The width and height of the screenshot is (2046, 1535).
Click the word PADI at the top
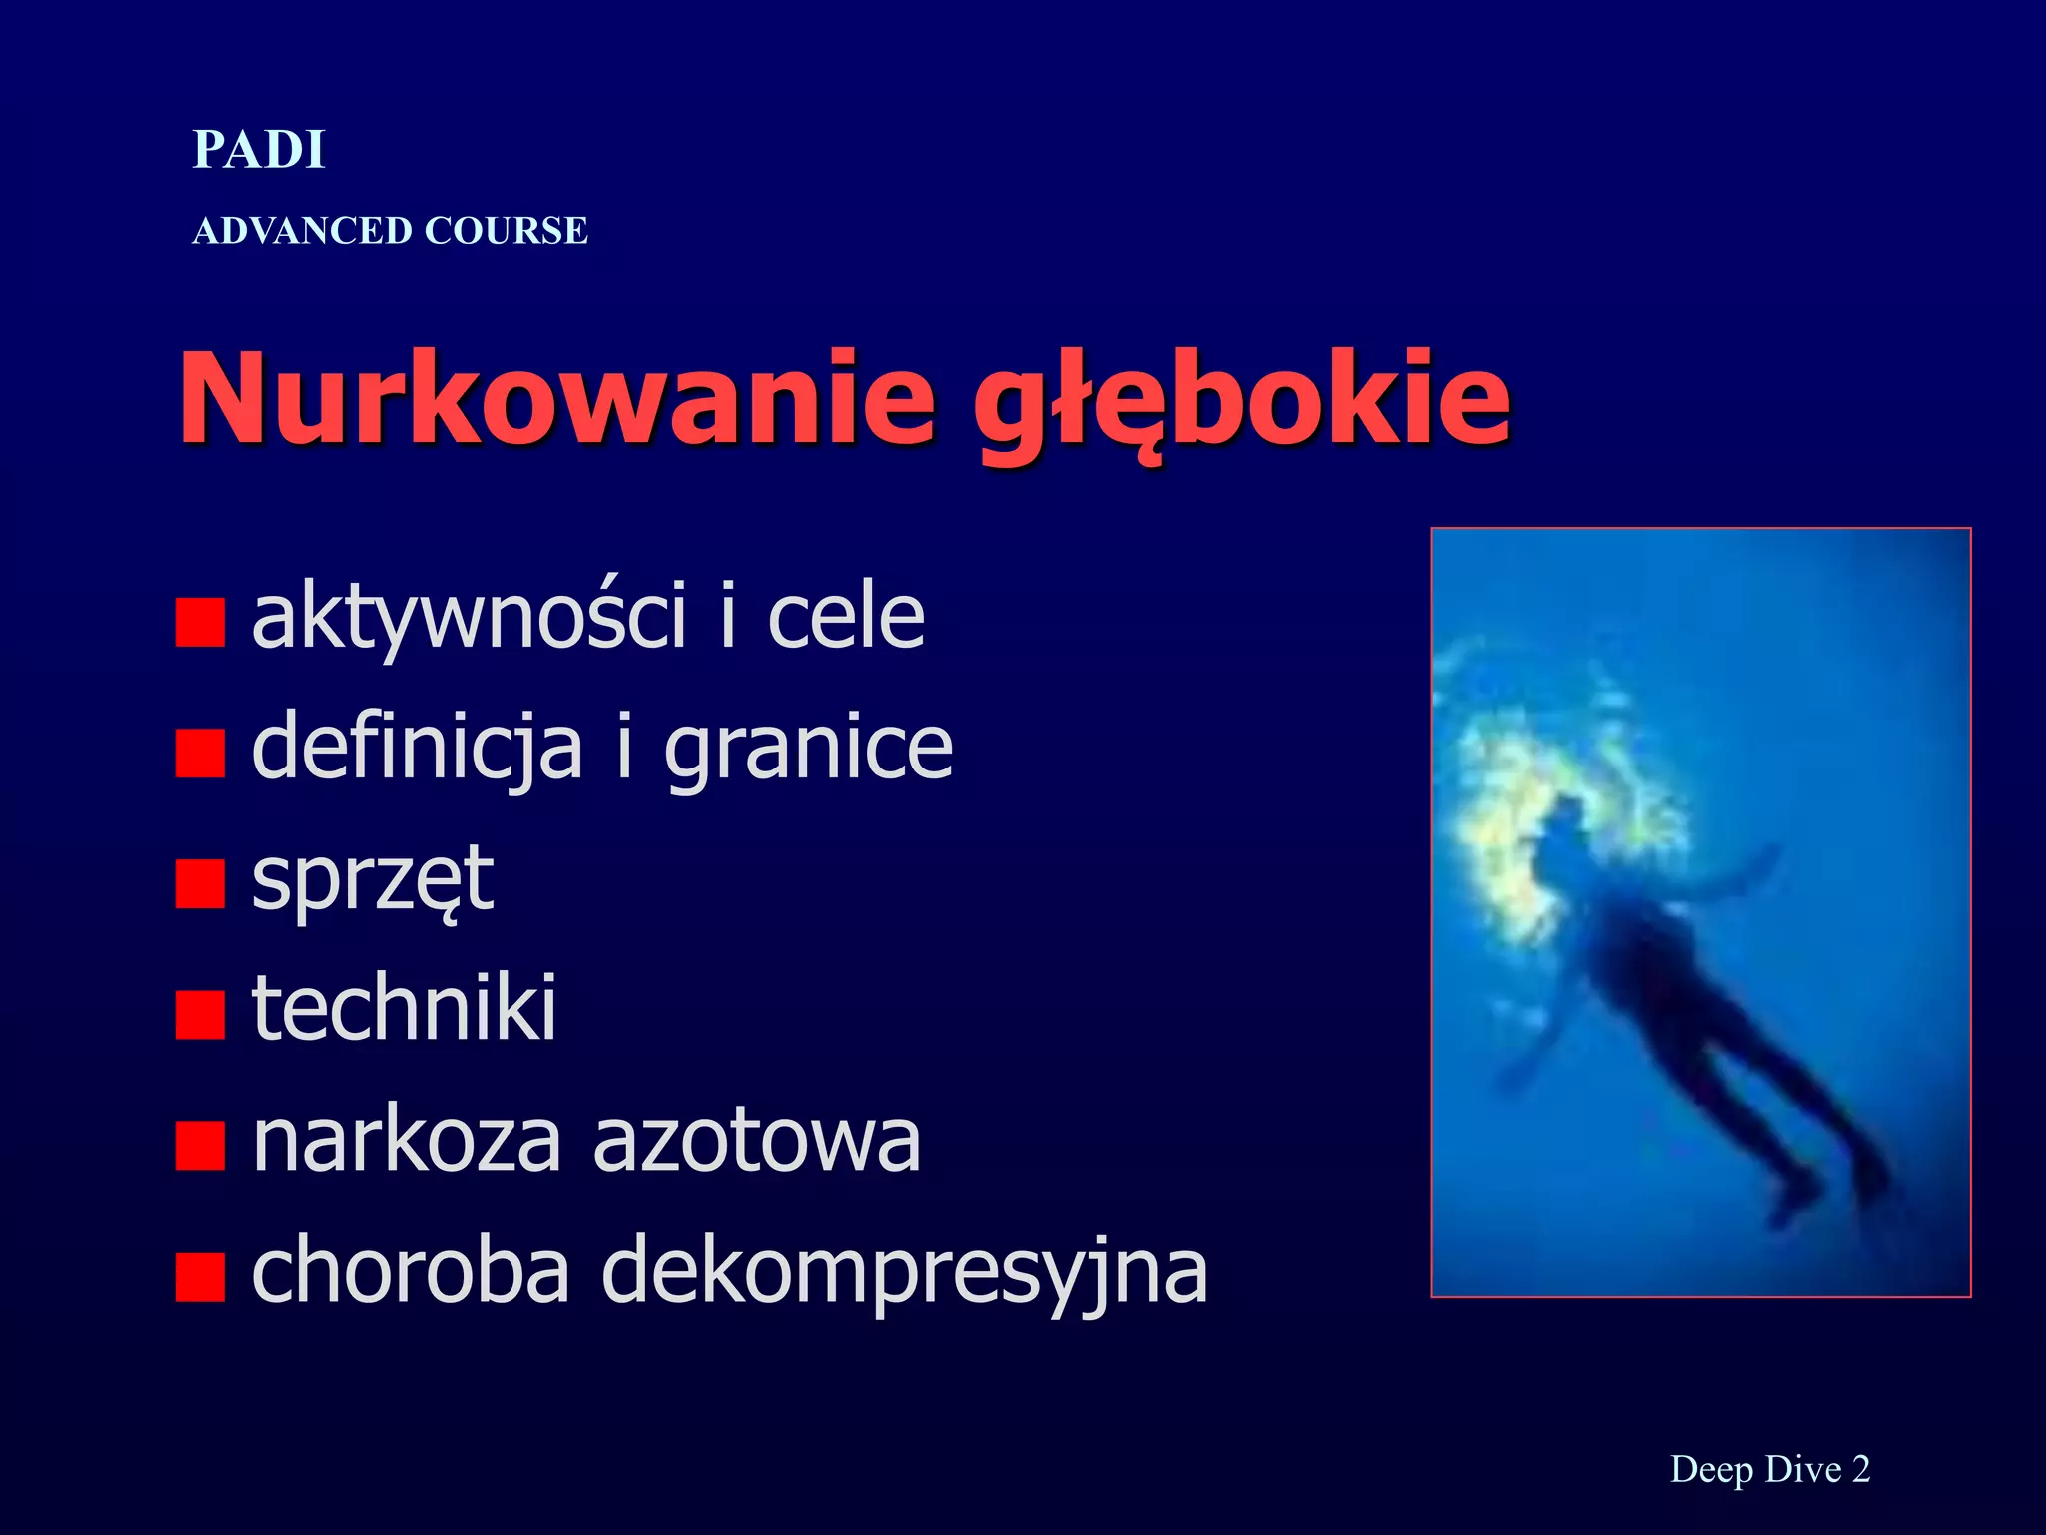coord(259,150)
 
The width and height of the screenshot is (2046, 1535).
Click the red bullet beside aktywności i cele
coord(200,623)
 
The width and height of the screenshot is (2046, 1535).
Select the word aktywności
coord(469,617)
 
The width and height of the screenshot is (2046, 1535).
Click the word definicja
coord(417,749)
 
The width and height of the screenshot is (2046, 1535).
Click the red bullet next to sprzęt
coord(200,884)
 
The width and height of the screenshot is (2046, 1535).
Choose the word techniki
coord(404,1009)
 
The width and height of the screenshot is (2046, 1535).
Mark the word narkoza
coord(407,1141)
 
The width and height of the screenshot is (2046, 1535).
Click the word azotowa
coord(756,1141)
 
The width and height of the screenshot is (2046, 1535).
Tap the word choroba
coord(411,1271)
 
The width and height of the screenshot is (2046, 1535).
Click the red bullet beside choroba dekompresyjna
coord(200,1278)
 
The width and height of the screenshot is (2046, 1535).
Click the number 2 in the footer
coord(1860,1469)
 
